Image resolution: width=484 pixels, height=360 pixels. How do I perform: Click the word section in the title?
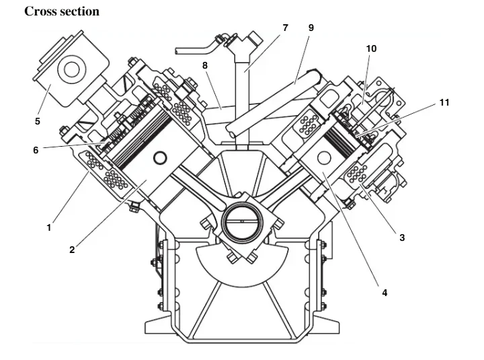(x=79, y=11)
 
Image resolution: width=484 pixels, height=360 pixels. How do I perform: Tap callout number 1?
(x=49, y=228)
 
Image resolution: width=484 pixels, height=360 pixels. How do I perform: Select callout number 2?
(x=72, y=250)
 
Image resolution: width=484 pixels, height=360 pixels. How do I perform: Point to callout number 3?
(x=402, y=238)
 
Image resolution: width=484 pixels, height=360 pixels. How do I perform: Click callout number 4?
(x=385, y=293)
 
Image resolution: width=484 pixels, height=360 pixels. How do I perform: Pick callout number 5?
(x=38, y=121)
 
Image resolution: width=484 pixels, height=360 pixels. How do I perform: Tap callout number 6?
(x=36, y=150)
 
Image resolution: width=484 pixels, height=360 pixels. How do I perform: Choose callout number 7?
(x=285, y=28)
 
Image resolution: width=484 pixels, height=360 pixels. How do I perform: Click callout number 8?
(x=205, y=65)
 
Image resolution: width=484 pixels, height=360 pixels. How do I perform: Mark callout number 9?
(x=311, y=28)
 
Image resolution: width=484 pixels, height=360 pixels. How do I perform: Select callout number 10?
(x=371, y=48)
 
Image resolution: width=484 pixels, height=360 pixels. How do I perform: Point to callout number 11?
(x=444, y=102)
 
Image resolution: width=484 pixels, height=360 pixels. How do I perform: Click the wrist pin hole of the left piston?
(x=160, y=158)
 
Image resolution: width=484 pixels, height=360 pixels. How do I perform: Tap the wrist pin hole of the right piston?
(x=324, y=157)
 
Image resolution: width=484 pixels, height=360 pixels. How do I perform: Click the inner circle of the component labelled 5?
(x=72, y=69)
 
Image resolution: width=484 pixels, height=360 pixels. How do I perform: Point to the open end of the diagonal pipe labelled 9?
(x=231, y=130)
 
